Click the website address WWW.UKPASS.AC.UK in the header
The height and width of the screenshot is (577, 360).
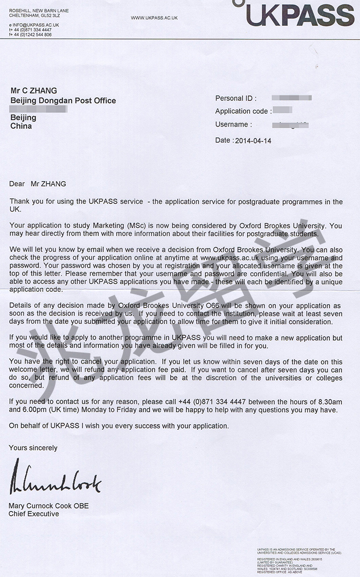coord(154,18)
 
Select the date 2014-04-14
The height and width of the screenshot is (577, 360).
coord(253,141)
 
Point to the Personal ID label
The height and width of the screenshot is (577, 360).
coord(236,98)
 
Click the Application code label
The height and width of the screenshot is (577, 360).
coord(242,111)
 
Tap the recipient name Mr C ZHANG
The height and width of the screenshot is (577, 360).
coord(34,91)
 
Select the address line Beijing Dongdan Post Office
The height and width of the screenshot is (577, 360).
coord(63,100)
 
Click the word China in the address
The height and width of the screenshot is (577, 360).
coord(21,126)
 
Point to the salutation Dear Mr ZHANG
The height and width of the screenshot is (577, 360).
coord(38,184)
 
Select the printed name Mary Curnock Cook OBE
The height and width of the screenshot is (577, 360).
coord(49,506)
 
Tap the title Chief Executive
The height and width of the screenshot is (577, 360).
coord(34,514)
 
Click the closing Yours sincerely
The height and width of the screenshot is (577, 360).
coord(33,448)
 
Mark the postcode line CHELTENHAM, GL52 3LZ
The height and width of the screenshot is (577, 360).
coord(34,15)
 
